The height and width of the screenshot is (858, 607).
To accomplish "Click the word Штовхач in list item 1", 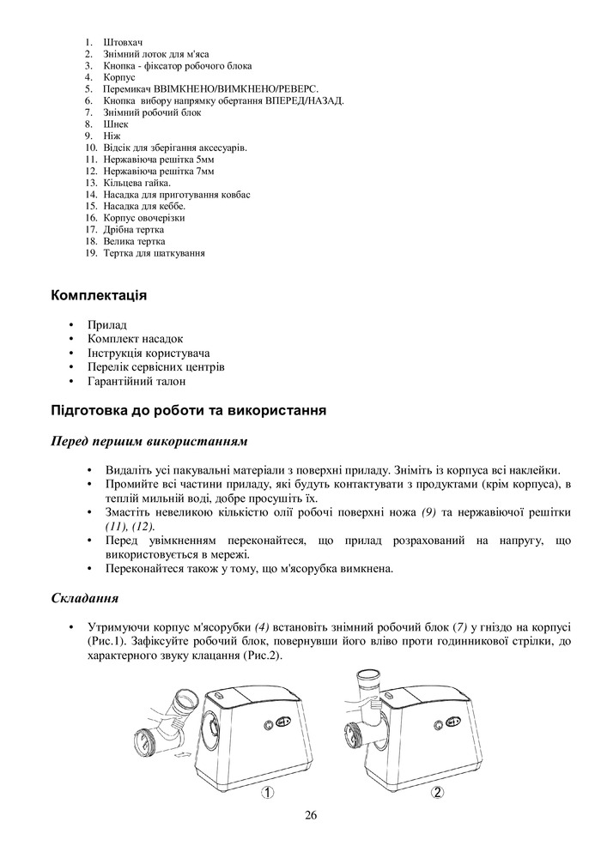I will point(123,42).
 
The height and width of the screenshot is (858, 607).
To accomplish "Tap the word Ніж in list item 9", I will point(112,136).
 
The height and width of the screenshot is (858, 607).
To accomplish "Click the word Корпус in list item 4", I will point(119,77).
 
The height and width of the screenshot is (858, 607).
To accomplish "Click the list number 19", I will point(90,254).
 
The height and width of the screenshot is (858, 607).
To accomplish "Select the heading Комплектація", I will point(100,296).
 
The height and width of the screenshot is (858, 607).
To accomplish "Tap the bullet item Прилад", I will point(107,325).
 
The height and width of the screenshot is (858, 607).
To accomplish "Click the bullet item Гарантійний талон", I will point(137,381).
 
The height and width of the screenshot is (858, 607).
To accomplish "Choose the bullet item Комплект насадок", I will point(136,339).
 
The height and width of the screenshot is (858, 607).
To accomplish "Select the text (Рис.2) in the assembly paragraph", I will point(260,656).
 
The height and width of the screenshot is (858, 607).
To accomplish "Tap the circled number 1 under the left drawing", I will point(268,793).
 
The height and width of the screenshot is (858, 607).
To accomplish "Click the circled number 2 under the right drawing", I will point(438,793).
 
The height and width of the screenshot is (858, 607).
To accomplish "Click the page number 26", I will point(311,815).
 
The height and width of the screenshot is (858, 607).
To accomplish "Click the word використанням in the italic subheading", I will point(200,442).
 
